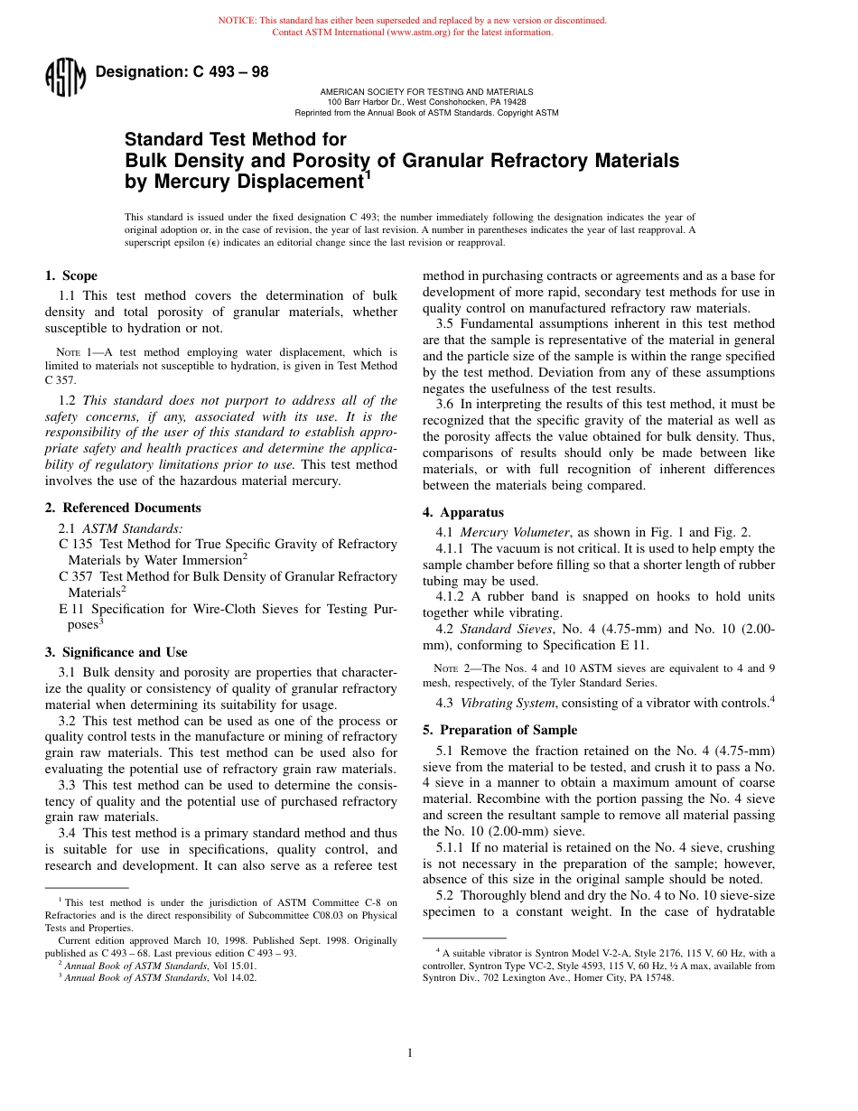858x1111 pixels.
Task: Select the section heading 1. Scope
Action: (x=71, y=275)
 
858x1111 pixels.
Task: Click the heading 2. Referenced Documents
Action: (x=123, y=508)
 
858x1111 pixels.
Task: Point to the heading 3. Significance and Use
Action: (x=117, y=652)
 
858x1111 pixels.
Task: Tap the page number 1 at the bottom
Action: (x=409, y=1052)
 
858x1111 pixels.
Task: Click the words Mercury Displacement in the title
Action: (x=242, y=182)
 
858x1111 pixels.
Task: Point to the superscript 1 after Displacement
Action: (x=367, y=175)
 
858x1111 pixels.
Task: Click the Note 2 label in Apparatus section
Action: (x=449, y=668)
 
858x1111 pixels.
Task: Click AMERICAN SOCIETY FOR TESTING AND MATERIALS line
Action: (x=426, y=92)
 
